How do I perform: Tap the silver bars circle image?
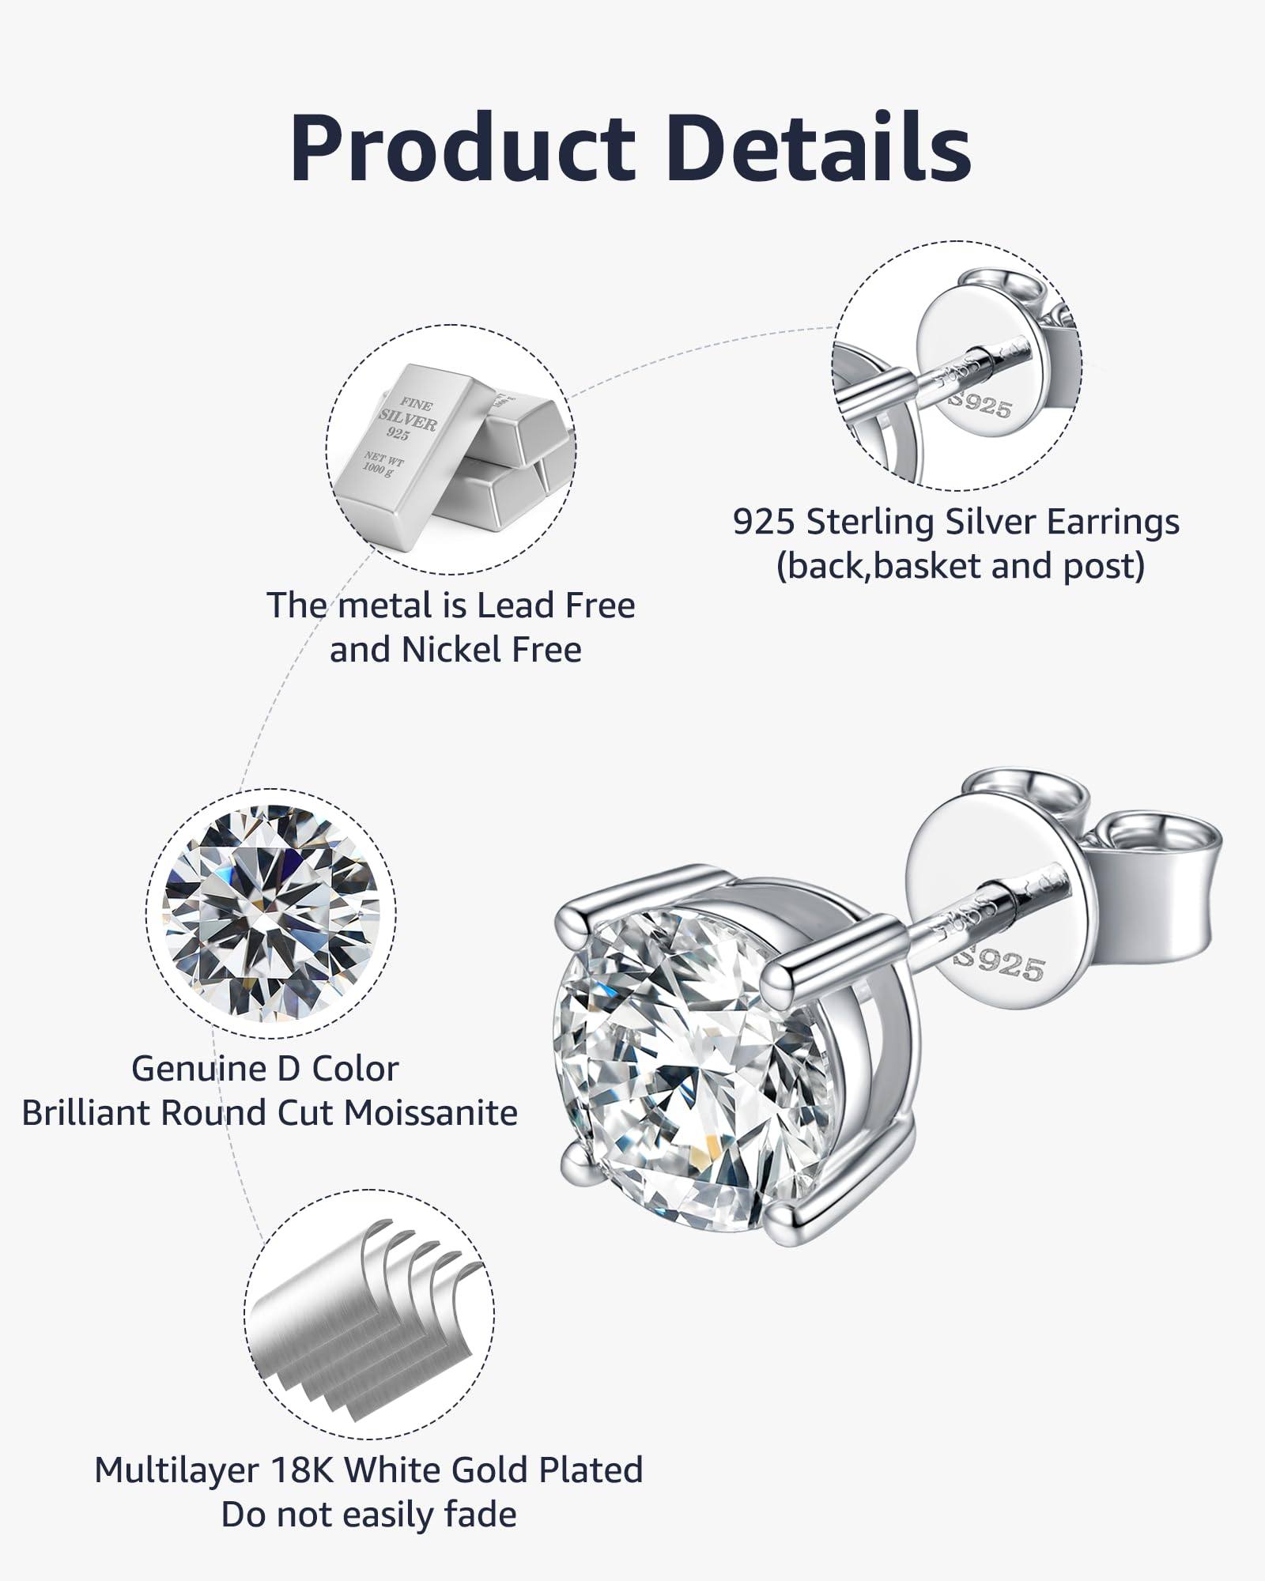[x=451, y=451]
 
